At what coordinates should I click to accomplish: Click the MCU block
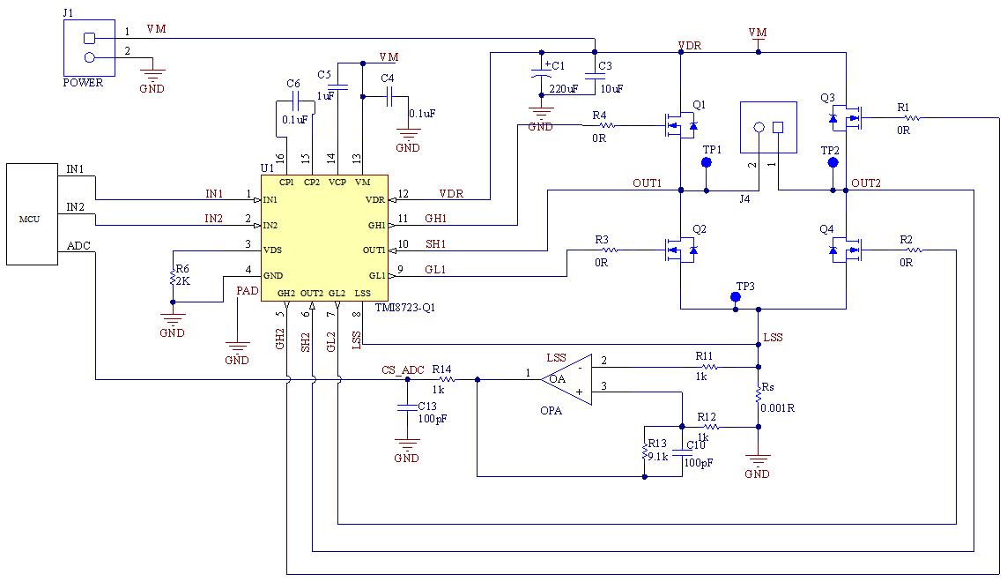tap(32, 214)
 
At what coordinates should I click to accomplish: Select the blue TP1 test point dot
tap(707, 163)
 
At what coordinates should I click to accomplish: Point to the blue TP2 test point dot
tap(833, 163)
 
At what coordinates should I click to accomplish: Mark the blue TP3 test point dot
tap(736, 297)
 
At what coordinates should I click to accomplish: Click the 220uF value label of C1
tap(563, 89)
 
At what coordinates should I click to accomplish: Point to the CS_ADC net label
tap(403, 370)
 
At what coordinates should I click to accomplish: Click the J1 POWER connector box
tap(89, 48)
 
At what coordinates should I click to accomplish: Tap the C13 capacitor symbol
tap(406, 407)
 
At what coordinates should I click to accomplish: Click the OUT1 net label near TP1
tap(647, 183)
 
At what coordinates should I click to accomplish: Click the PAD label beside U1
tap(248, 291)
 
